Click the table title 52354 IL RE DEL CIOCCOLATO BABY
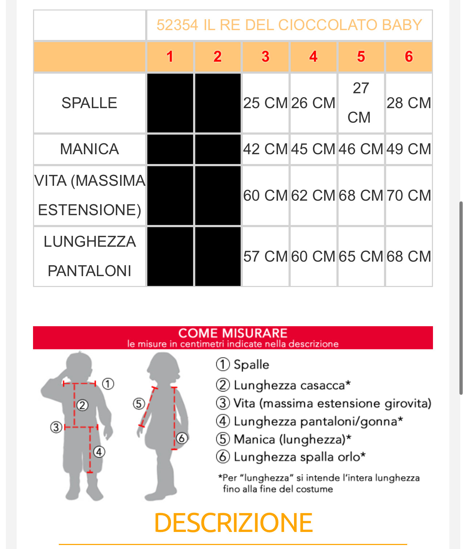tap(289, 25)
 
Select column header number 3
tap(265, 57)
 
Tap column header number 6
tap(409, 57)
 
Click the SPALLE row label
tap(89, 103)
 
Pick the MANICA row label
tap(89, 149)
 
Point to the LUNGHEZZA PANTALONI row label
tap(89, 256)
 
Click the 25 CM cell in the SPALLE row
tap(265, 103)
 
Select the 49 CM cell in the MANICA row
tap(409, 149)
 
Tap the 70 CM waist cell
tap(409, 196)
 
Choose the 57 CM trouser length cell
tap(265, 257)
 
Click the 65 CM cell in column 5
tap(361, 257)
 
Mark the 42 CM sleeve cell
tap(265, 149)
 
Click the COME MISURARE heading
tap(233, 333)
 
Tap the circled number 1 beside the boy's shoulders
tap(108, 384)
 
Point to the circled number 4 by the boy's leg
tap(99, 452)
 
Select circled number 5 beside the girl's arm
tap(139, 403)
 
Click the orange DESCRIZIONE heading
tap(233, 523)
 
